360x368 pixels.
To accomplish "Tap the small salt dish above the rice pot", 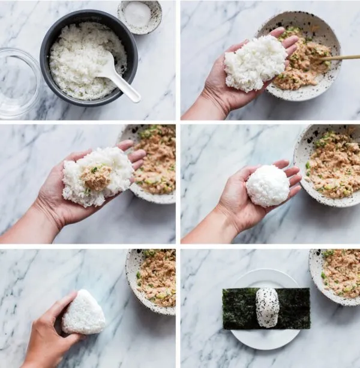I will pyautogui.click(x=139, y=14).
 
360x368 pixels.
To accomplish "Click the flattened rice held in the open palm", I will pyautogui.click(x=256, y=62).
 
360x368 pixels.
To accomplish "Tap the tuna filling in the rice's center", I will pyautogui.click(x=97, y=177).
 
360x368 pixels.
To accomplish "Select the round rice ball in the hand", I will pyautogui.click(x=268, y=186).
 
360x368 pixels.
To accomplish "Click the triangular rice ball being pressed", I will pyautogui.click(x=84, y=312).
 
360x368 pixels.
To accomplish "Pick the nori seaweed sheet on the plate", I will pyautogui.click(x=240, y=309).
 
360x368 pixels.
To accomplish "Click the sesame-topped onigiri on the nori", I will pyautogui.click(x=267, y=307).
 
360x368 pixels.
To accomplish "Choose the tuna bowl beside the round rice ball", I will pyautogui.click(x=330, y=162).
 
